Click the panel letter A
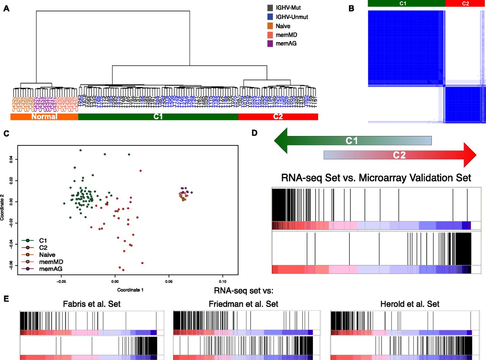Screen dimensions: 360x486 pos(6,9)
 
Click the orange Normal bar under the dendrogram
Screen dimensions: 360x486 pos(44,117)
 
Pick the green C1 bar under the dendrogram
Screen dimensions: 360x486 pos(158,117)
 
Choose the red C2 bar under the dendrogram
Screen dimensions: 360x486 pos(278,117)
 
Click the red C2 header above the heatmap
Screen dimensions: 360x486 pos(465,3)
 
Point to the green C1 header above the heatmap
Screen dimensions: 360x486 pos(406,3)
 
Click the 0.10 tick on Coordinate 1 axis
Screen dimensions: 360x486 pos(222,282)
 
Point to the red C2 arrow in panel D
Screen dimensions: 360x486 pos(399,155)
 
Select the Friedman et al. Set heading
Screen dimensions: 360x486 pos(243,304)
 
